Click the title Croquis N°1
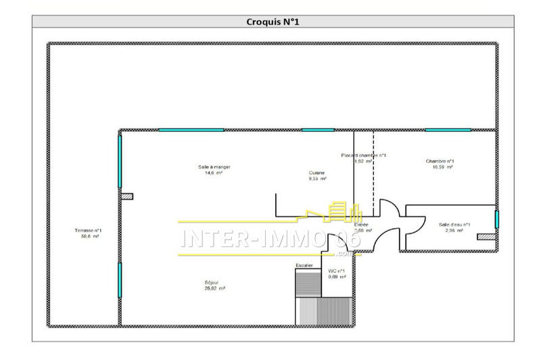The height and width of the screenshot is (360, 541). pos(273,22)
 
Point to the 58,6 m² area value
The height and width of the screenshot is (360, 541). pos(87,237)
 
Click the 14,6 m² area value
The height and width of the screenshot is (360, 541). pos(213,173)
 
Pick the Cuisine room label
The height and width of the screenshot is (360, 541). pos(316,173)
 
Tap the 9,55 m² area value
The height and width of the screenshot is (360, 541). pos(316,179)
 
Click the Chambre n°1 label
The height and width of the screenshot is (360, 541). pos(440,161)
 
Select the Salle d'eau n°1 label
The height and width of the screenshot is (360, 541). pos(454,225)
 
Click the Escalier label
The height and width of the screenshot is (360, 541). pos(304,265)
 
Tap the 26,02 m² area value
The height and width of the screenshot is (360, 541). pos(214,288)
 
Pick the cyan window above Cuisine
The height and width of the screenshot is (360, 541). pos(318,130)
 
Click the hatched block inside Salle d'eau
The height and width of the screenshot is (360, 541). pos(486,237)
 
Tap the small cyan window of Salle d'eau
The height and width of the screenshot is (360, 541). pos(497,220)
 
